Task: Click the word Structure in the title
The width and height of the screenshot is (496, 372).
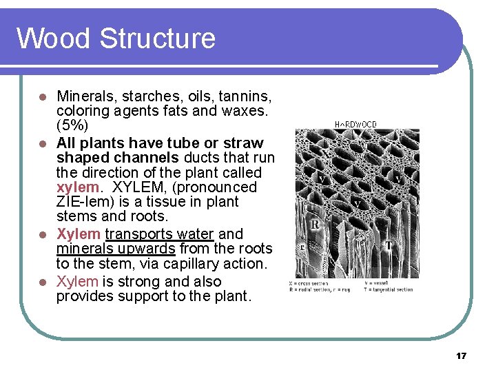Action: [158, 38]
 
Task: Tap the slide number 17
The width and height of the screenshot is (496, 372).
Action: [462, 356]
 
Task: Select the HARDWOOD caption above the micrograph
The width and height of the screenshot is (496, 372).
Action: [355, 125]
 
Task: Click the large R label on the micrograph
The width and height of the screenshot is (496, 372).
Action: [315, 224]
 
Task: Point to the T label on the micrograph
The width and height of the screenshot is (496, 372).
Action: [389, 246]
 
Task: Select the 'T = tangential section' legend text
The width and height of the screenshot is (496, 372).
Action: [389, 289]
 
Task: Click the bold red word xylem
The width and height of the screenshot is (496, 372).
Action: [77, 187]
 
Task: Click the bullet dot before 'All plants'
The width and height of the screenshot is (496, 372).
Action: [42, 143]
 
